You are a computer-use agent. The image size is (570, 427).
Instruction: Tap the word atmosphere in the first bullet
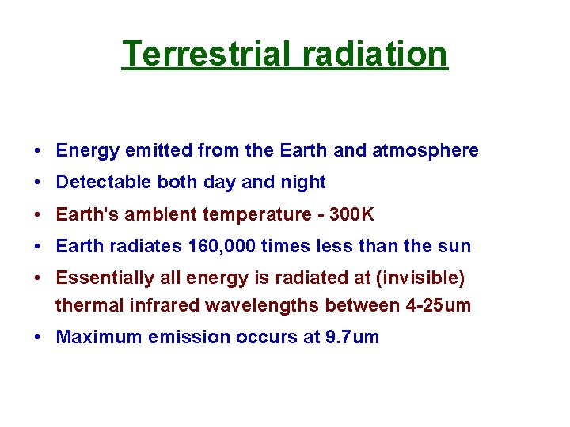(425, 150)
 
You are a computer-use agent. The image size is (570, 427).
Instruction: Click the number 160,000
(222, 247)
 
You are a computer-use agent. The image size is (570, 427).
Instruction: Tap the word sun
(455, 247)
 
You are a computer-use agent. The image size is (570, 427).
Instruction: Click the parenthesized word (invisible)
(422, 278)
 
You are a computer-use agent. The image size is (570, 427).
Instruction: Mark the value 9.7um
(352, 338)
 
